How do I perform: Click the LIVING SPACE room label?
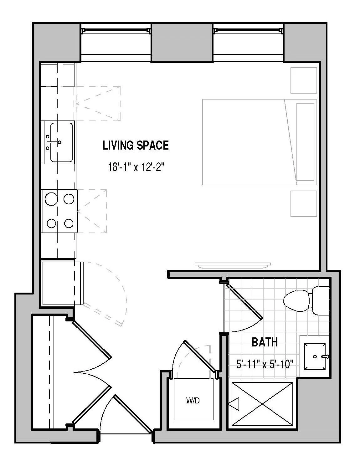point(136,145)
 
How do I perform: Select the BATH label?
point(265,342)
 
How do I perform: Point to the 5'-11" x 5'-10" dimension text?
point(265,364)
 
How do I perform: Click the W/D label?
point(193,400)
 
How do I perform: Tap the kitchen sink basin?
point(61,142)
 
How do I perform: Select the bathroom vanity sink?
point(315,357)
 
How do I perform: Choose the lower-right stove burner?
point(69,223)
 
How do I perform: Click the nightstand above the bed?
point(304,80)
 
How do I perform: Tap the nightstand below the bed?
point(304,203)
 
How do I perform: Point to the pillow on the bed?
point(305,142)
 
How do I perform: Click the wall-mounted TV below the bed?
point(233,265)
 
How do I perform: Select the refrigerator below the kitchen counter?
point(63,283)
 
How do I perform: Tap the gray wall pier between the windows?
point(183,43)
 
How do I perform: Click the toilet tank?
point(320,301)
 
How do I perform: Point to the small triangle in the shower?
point(234,404)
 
